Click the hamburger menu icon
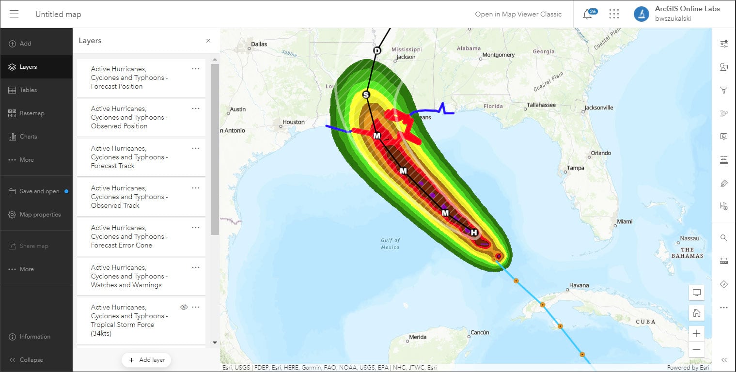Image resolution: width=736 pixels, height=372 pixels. pos(14,14)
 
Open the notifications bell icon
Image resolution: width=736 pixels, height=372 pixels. pos(587,14)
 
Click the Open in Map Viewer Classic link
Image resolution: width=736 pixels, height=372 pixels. pos(518,14)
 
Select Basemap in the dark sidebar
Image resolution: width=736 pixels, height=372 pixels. pos(32,113)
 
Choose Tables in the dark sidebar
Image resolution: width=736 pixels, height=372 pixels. pos(28,90)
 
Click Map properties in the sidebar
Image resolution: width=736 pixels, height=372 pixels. pos(40,215)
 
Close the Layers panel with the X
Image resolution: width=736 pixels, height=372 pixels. pos(208,41)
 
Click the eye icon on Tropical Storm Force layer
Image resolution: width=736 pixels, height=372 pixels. pos(184,307)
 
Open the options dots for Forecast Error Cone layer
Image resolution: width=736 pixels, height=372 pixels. pos(196,228)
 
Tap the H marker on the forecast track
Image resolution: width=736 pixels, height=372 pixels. pos(474,233)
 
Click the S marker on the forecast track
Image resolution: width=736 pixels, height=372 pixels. pos(366,95)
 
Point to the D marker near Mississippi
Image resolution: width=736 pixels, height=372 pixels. pos(377,51)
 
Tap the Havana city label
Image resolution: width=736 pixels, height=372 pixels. pos(579,285)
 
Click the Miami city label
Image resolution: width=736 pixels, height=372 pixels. pos(625,221)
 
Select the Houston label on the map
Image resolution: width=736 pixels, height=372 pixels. pos(294,122)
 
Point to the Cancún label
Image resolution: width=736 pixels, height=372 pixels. pos(480,332)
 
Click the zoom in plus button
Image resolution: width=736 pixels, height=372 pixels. pos(696,333)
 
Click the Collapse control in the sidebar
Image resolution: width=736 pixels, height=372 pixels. pos(31,360)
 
